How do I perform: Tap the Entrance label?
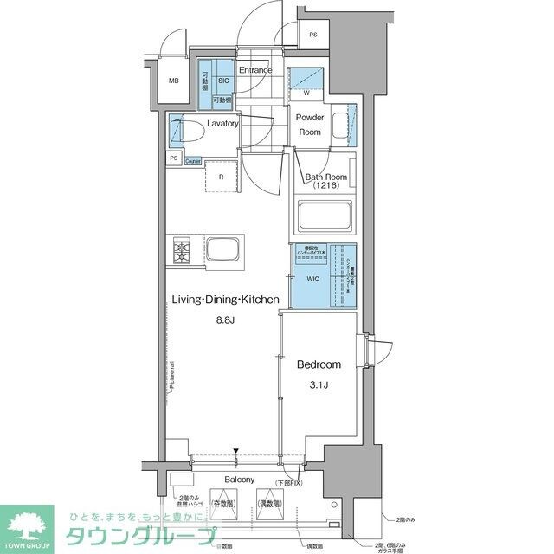coord(255,70)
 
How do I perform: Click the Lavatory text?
coord(222,123)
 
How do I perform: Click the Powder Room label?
coord(310,125)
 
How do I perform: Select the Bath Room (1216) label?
coord(325,182)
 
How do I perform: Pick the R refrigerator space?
coord(222,177)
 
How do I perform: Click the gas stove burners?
coord(183,251)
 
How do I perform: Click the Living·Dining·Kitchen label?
coord(224,300)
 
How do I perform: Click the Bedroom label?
coord(319,364)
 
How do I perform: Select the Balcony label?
coord(239,480)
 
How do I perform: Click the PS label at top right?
coord(312,35)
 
